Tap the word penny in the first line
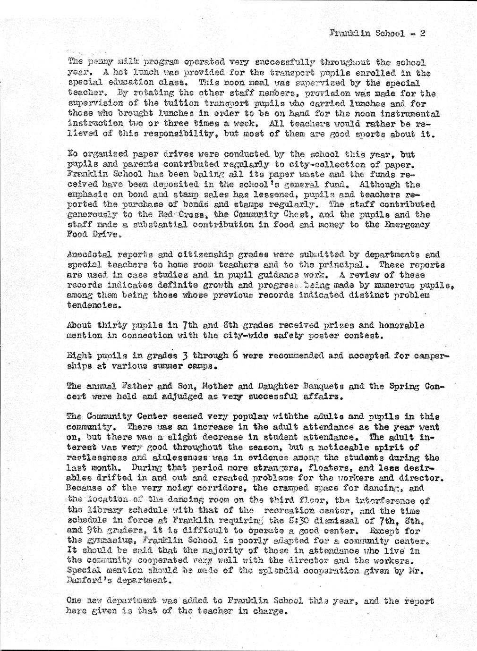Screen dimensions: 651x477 (86, 62)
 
